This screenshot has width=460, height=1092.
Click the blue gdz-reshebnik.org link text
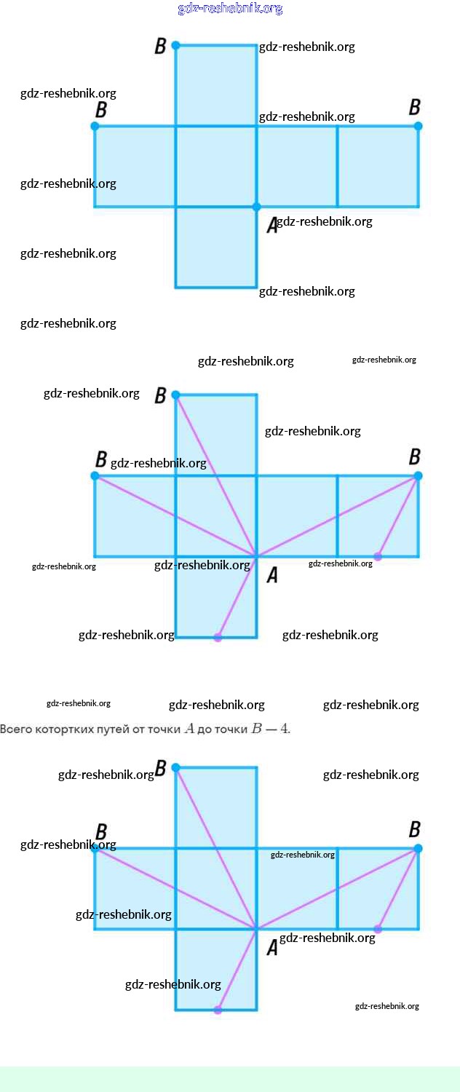point(230,9)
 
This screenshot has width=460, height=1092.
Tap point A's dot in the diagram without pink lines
point(256,207)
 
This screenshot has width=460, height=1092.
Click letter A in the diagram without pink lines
point(272,226)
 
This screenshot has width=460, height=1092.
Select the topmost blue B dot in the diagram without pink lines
point(175,45)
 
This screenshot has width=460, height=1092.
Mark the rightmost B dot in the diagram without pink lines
point(418,126)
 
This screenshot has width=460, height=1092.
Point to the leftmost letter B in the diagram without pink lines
point(101,110)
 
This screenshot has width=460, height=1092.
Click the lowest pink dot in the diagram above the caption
point(217,638)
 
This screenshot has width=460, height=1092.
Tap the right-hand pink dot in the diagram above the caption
point(378,557)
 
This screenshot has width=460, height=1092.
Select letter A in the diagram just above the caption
point(272,575)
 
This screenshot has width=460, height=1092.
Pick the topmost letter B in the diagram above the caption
point(161,395)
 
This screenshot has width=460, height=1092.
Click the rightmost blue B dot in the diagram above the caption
point(418,475)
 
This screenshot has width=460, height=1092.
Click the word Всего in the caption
point(15,729)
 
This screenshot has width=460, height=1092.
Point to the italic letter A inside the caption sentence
point(189,729)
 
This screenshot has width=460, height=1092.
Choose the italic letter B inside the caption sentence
point(255,729)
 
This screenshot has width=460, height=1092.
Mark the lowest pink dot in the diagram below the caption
point(217,1010)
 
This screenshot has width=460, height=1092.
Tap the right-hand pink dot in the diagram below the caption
point(378,929)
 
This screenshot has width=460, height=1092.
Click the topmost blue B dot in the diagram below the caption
point(175,767)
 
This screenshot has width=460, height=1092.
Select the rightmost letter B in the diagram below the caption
point(414,829)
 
